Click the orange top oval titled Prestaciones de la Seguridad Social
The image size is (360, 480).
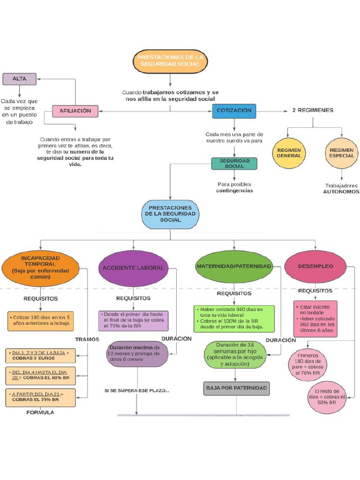170,60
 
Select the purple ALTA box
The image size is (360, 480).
19,79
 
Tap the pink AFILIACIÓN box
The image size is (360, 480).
75,111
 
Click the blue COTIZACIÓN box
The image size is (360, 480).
234,111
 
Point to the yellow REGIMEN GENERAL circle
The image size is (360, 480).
289,153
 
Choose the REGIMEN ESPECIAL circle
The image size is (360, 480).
341,153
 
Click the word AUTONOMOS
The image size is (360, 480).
341,192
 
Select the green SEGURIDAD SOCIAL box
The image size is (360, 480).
234,163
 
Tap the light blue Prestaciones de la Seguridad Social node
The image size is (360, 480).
170,214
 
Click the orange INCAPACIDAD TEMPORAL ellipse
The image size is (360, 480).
41,268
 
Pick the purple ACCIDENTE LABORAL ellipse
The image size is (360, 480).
134,268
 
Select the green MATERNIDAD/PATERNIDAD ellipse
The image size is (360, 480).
233,266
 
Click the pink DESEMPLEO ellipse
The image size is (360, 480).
315,266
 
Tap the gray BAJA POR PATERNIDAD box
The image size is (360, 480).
236,388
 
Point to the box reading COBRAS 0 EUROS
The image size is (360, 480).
40,355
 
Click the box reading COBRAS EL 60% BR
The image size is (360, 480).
40,375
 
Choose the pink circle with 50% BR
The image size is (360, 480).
326,397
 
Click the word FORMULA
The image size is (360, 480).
40,412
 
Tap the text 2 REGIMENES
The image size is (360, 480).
313,111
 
